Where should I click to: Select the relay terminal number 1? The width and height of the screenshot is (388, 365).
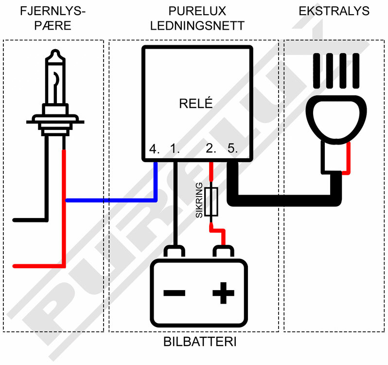pyautogui.click(x=175, y=149)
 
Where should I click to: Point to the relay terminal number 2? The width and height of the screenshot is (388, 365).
pyautogui.click(x=211, y=149)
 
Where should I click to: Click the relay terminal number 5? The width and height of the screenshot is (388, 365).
pyautogui.click(x=232, y=149)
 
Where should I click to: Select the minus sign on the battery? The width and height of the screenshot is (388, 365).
pyautogui.click(x=174, y=293)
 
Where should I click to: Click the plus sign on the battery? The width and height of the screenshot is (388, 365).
pyautogui.click(x=223, y=293)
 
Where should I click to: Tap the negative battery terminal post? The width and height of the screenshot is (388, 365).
pyautogui.click(x=175, y=252)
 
